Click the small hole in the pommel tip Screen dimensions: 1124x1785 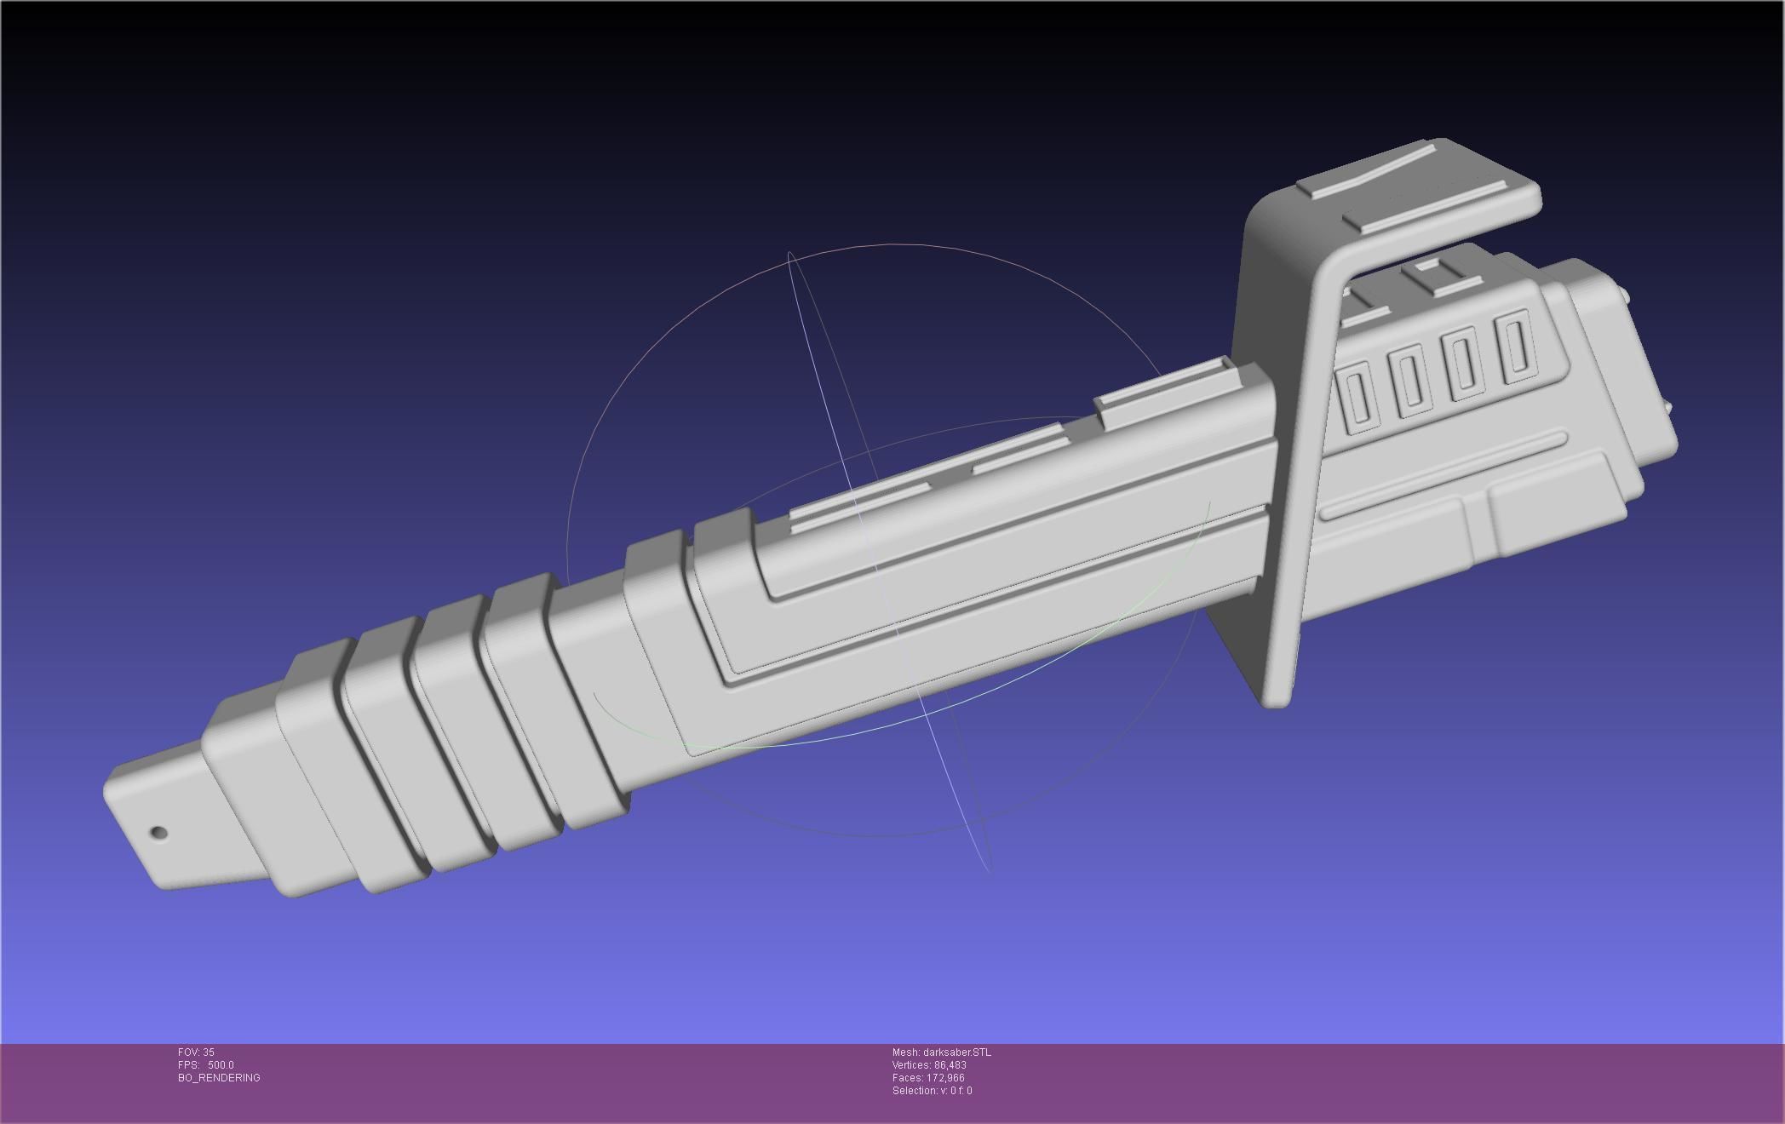[158, 832]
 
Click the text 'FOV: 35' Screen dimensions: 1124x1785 [196, 1052]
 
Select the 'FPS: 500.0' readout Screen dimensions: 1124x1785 [205, 1065]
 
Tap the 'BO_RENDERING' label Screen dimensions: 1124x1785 [219, 1078]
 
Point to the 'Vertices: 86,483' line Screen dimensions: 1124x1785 [929, 1065]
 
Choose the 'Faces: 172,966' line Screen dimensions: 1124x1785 [928, 1078]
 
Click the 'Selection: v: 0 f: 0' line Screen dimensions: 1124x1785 [932, 1091]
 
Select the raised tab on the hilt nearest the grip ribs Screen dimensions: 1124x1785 [860, 502]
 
